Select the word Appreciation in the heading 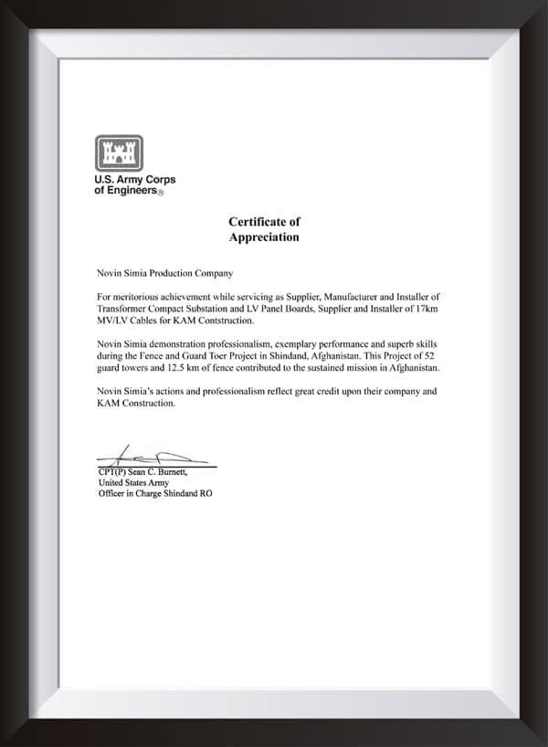point(264,237)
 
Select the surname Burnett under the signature point(170,471)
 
